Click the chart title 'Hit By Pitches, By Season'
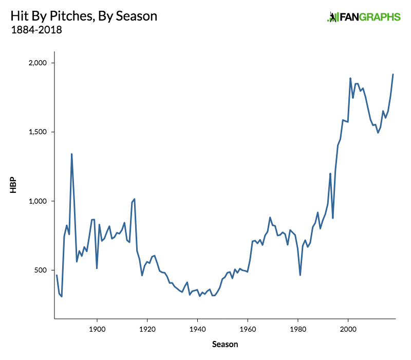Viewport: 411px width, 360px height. tap(84, 16)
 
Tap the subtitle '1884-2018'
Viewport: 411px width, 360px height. tap(36, 30)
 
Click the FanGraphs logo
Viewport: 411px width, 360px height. tap(363, 17)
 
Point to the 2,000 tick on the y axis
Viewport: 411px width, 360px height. tap(37, 63)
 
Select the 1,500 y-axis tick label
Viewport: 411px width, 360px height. tap(37, 132)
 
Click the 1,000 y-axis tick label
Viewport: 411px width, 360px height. tap(37, 201)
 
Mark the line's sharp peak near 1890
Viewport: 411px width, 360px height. tap(71, 154)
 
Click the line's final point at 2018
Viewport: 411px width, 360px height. tap(393, 74)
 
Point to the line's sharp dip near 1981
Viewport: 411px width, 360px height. tap(300, 275)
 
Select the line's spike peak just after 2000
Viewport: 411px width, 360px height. tap(350, 78)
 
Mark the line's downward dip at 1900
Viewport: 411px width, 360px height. tap(97, 268)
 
